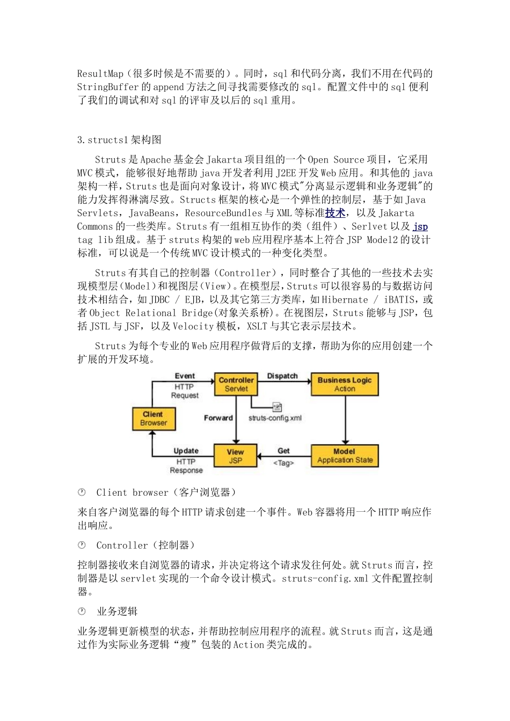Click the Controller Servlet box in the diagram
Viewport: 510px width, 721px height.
point(236,384)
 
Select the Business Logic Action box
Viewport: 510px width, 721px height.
point(344,384)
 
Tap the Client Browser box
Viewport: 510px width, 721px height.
point(154,418)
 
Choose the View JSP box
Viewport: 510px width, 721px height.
point(235,456)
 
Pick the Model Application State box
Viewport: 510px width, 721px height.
point(345,456)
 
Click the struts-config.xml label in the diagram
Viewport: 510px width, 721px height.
point(275,418)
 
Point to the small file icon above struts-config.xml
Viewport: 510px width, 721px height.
point(277,407)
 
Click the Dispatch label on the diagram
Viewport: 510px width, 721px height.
point(282,376)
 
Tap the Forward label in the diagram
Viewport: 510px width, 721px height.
point(218,418)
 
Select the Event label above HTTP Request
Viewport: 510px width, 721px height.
point(185,376)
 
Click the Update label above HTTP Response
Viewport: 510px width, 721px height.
point(186,451)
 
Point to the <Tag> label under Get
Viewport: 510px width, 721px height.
point(283,463)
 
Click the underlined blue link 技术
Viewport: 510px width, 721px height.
point(335,213)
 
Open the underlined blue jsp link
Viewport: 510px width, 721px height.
point(420,226)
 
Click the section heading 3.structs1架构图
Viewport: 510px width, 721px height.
point(119,140)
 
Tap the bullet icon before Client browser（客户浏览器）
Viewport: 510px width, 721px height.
point(82,492)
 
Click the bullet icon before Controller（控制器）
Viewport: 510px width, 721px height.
point(82,545)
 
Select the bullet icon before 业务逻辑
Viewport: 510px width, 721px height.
point(82,611)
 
